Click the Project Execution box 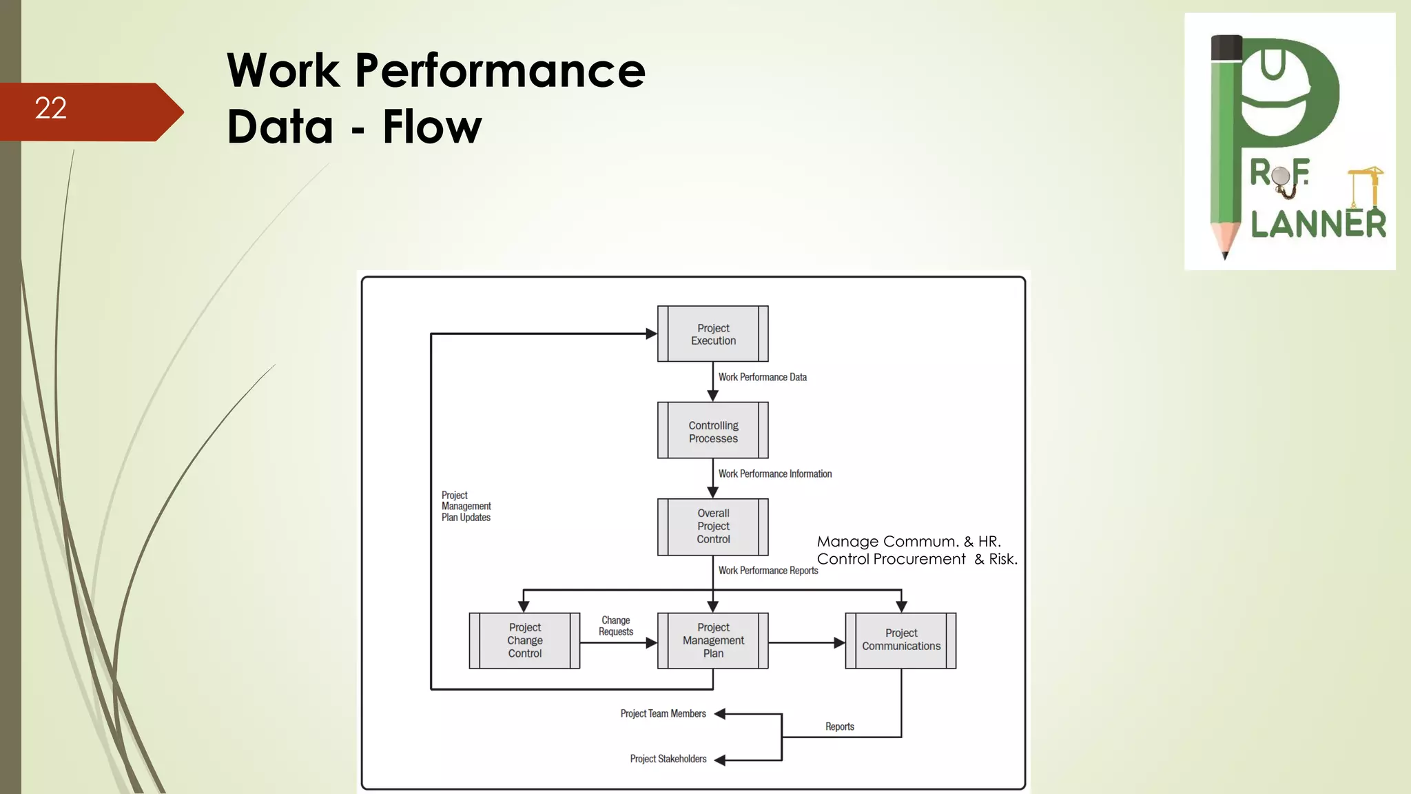(x=712, y=334)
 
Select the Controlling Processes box (x=712, y=431)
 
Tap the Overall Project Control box (x=712, y=527)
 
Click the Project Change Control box (x=524, y=640)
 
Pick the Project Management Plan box (x=712, y=640)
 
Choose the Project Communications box (x=900, y=640)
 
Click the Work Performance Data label (x=762, y=377)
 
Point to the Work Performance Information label (x=774, y=474)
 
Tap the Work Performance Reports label (x=768, y=570)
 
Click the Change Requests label (x=615, y=626)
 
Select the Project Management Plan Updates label (x=466, y=506)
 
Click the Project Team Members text (x=663, y=713)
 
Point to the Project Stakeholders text (x=668, y=759)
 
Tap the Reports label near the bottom (x=839, y=726)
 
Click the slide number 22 (x=51, y=108)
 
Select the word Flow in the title (x=432, y=127)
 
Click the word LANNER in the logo (x=1317, y=225)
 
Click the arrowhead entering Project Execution (x=651, y=334)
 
